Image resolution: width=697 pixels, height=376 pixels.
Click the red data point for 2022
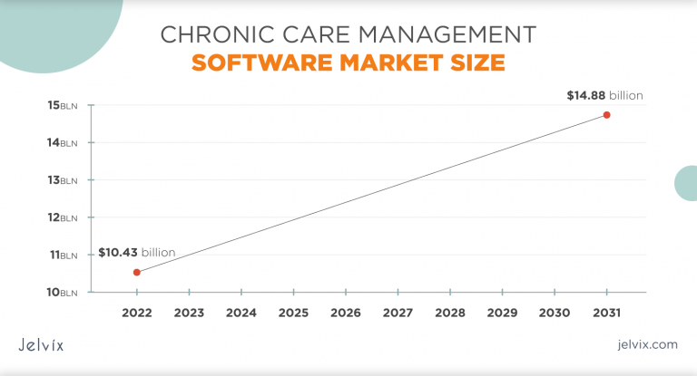point(136,272)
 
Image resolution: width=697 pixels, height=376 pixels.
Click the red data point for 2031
point(606,115)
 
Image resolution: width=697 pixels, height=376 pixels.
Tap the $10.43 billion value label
point(136,252)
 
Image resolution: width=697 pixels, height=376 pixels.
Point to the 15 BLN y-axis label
point(63,105)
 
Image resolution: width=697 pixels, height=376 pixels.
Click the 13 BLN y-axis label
point(63,179)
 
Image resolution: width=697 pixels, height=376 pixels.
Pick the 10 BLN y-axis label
point(63,292)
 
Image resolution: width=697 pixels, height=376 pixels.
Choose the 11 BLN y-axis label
point(63,255)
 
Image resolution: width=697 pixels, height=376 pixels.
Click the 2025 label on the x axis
point(293,313)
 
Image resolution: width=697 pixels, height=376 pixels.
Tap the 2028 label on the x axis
point(450,313)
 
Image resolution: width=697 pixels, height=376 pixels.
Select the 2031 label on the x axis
point(606,313)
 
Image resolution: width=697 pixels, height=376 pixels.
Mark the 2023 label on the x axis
point(189,313)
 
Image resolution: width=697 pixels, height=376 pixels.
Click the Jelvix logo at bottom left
point(41,344)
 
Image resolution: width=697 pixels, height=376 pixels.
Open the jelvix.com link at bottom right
point(646,344)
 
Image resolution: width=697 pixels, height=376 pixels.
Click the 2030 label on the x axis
point(555,313)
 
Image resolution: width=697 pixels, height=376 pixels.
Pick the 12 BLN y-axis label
point(63,217)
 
